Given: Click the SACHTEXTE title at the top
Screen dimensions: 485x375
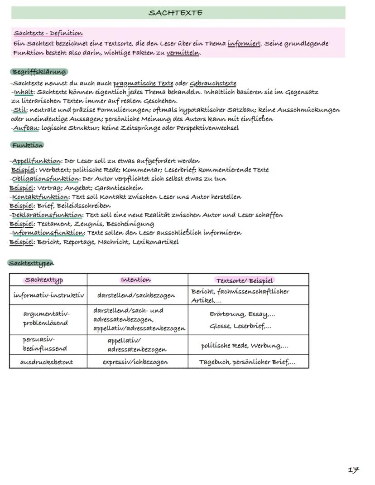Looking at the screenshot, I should coord(175,13).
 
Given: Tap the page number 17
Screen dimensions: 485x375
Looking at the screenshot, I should coord(353,470).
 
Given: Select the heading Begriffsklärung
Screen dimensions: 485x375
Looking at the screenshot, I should coord(38,72).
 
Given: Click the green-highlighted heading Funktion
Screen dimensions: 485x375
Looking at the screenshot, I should coord(27,145).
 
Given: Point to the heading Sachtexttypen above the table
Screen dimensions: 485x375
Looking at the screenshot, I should coord(31,263).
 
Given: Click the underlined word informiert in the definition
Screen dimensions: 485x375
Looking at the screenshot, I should coord(244,44).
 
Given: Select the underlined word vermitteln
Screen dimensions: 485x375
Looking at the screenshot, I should coord(183,53).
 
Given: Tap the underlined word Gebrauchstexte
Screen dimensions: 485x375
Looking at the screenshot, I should coord(213,83).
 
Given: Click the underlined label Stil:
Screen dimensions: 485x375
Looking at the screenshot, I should coord(20,110).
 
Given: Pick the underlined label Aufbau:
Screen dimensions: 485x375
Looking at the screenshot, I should coord(26,128).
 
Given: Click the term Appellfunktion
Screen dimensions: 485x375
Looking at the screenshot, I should coord(36,161).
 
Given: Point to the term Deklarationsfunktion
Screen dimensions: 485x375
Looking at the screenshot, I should coord(47,215).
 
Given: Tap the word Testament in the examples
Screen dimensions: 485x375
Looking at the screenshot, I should coord(53,224).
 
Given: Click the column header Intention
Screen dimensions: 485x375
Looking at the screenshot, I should coord(136,280).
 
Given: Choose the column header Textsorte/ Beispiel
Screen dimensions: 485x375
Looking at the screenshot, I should coord(245,280).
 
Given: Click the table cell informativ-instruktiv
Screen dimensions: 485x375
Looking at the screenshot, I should coord(48,295).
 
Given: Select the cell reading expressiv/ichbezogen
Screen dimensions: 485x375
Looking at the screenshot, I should coord(135,362).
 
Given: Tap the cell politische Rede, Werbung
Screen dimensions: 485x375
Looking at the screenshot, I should coord(244,346).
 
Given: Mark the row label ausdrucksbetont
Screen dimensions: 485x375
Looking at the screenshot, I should coord(47,362).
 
